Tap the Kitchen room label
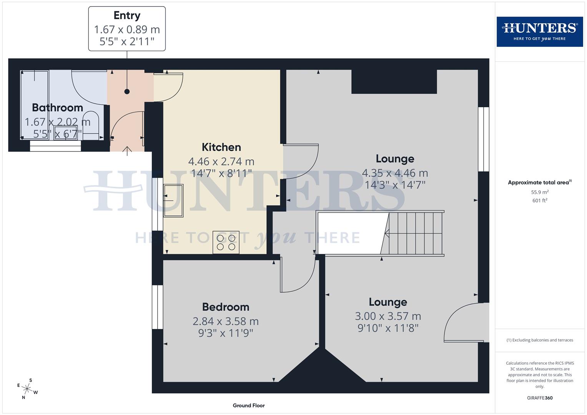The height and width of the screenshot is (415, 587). [221, 147]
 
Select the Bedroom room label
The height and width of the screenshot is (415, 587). [226, 307]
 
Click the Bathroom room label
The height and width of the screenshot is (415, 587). [57, 108]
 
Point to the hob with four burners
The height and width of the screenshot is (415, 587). [226, 242]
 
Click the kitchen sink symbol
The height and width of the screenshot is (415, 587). [173, 201]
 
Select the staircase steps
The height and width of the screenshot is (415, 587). [416, 233]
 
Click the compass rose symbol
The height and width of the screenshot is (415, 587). [27, 388]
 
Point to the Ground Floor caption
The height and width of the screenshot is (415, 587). [249, 405]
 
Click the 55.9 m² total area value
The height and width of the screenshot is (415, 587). [540, 192]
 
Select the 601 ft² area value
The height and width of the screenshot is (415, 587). [540, 201]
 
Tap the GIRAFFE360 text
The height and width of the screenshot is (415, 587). [540, 398]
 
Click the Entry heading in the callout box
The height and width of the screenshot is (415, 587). [127, 15]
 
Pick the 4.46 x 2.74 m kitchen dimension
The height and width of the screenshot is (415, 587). [221, 161]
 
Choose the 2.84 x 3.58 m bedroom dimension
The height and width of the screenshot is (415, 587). [226, 321]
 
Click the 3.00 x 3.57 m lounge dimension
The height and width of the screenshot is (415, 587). [388, 316]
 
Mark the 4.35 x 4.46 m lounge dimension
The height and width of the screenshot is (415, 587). [395, 173]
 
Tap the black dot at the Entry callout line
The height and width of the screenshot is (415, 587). [127, 91]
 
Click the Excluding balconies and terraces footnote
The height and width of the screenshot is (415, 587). [540, 340]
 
